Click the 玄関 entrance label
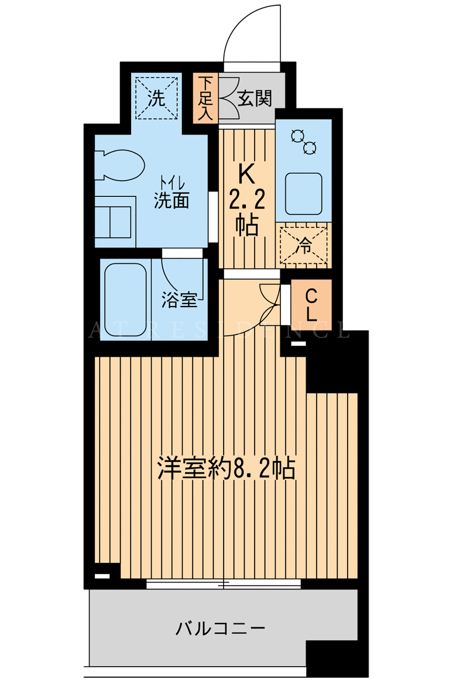255,99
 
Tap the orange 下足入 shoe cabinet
205,98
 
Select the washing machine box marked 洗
156,98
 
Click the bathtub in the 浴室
125,299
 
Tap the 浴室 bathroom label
179,299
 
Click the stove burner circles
304,142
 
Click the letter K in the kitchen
246,176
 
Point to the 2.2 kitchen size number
247,200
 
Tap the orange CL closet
311,305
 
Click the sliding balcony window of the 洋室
224,584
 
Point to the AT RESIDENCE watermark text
219,330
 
